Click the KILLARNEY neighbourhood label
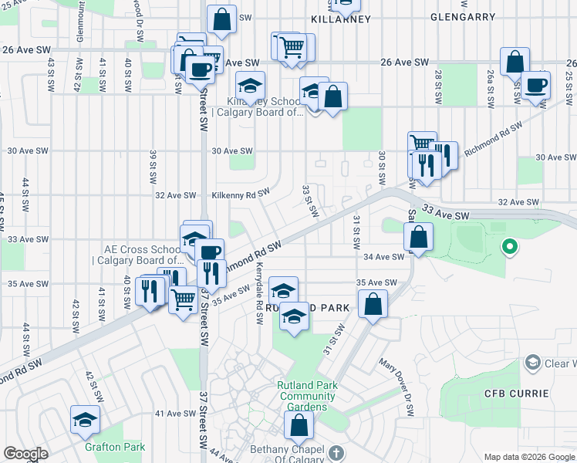341,17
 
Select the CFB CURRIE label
516,394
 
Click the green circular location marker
508,247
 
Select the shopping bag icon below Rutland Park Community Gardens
299,424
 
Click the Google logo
25,454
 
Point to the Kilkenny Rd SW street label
241,194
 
